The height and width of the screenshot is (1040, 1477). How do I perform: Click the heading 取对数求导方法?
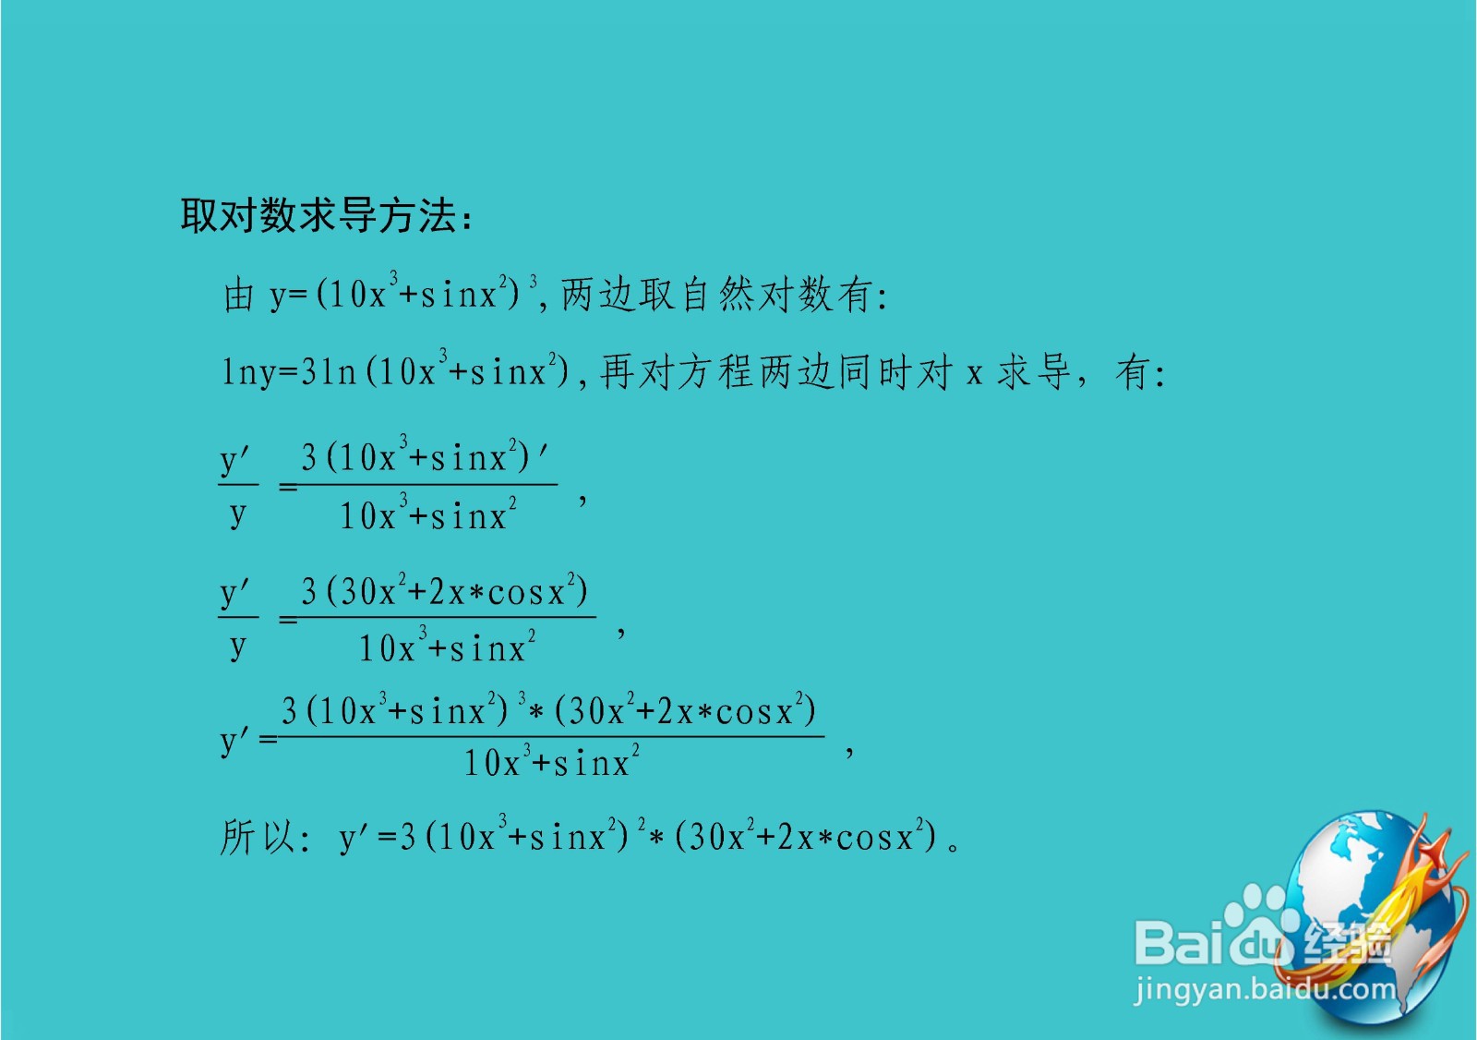[325, 216]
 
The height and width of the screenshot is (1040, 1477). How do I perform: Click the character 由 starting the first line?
[239, 296]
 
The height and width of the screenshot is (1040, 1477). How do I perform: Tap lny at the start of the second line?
[247, 373]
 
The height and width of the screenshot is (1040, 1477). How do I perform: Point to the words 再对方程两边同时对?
[775, 373]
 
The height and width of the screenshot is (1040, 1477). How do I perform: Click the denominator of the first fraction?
[427, 515]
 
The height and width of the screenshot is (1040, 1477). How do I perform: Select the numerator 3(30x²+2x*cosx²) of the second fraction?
[444, 591]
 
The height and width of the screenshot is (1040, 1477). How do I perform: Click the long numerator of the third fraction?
[548, 710]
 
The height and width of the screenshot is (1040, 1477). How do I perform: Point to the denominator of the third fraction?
[551, 763]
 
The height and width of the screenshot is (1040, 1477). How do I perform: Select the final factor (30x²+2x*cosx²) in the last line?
[805, 837]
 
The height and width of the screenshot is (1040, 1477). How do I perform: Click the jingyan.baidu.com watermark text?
[1265, 989]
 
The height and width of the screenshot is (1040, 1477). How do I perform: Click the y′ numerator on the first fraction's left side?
[235, 459]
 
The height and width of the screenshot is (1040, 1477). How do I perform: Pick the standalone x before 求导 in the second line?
[974, 374]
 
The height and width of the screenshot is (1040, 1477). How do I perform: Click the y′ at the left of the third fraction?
[235, 740]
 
